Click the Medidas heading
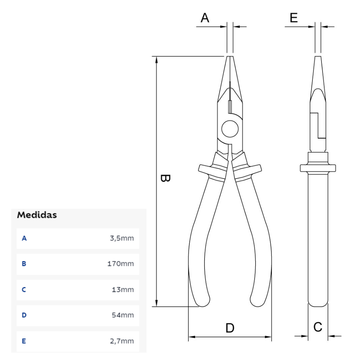[x=37, y=215]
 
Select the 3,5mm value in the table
[x=122, y=238]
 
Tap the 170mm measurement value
[x=121, y=264]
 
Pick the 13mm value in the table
[x=123, y=289]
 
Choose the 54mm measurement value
[x=123, y=315]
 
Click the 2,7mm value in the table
[x=122, y=341]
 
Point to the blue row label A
[x=24, y=238]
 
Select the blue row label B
[x=24, y=264]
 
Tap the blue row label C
[x=24, y=289]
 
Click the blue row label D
[x=24, y=315]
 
